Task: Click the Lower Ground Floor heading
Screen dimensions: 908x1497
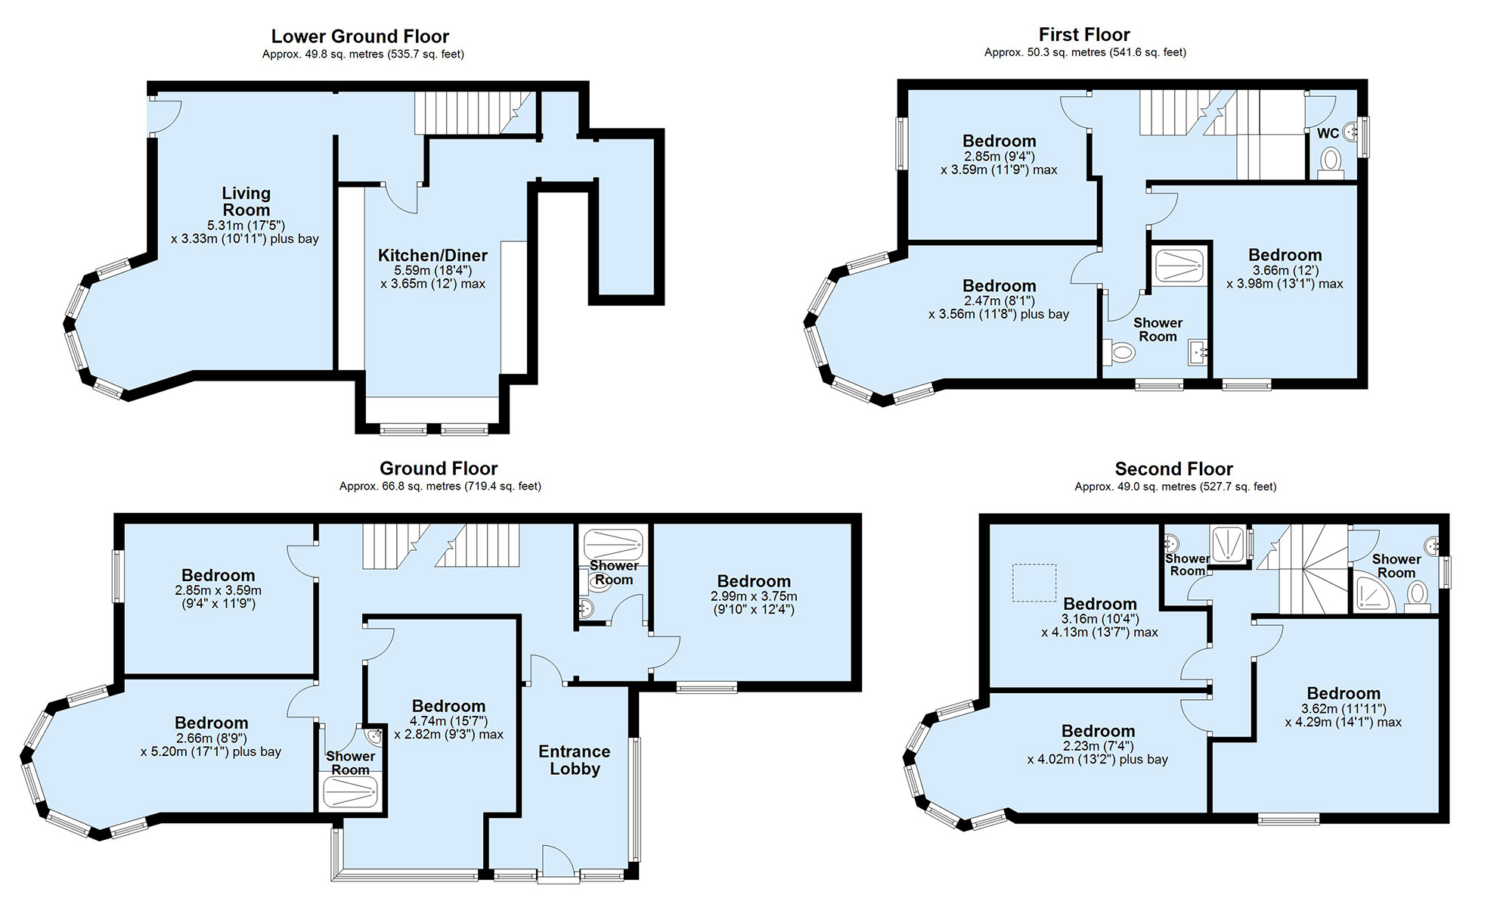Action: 360,36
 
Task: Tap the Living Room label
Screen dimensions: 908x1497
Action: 246,202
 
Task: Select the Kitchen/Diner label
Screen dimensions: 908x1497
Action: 432,256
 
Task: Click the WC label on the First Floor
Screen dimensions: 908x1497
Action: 1328,134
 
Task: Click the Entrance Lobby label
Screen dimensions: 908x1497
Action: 575,760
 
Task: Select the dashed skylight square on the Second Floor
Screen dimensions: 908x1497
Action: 1034,583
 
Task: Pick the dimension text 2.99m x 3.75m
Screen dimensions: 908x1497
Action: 754,596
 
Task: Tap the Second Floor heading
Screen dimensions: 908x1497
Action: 1173,469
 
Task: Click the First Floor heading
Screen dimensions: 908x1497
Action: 1084,35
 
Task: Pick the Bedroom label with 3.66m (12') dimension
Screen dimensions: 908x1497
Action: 1285,255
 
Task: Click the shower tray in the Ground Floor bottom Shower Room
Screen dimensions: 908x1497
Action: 350,793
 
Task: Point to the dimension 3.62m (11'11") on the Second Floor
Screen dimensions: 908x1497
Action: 1343,709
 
